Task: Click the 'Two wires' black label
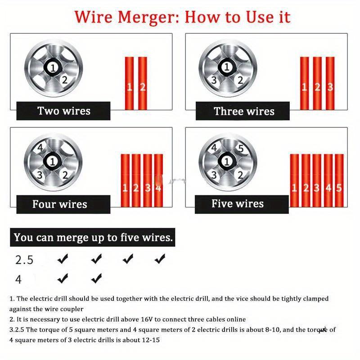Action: (63, 111)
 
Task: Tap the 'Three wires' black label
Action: (244, 111)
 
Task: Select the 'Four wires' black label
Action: (60, 204)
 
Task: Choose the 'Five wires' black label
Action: (238, 204)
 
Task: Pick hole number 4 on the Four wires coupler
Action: (40, 148)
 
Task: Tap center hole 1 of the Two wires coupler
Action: (53, 67)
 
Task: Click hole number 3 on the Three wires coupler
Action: (215, 81)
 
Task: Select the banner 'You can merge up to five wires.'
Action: (93, 238)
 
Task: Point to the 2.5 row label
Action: (24, 260)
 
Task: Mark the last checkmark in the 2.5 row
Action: (160, 259)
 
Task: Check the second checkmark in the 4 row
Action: (96, 279)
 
